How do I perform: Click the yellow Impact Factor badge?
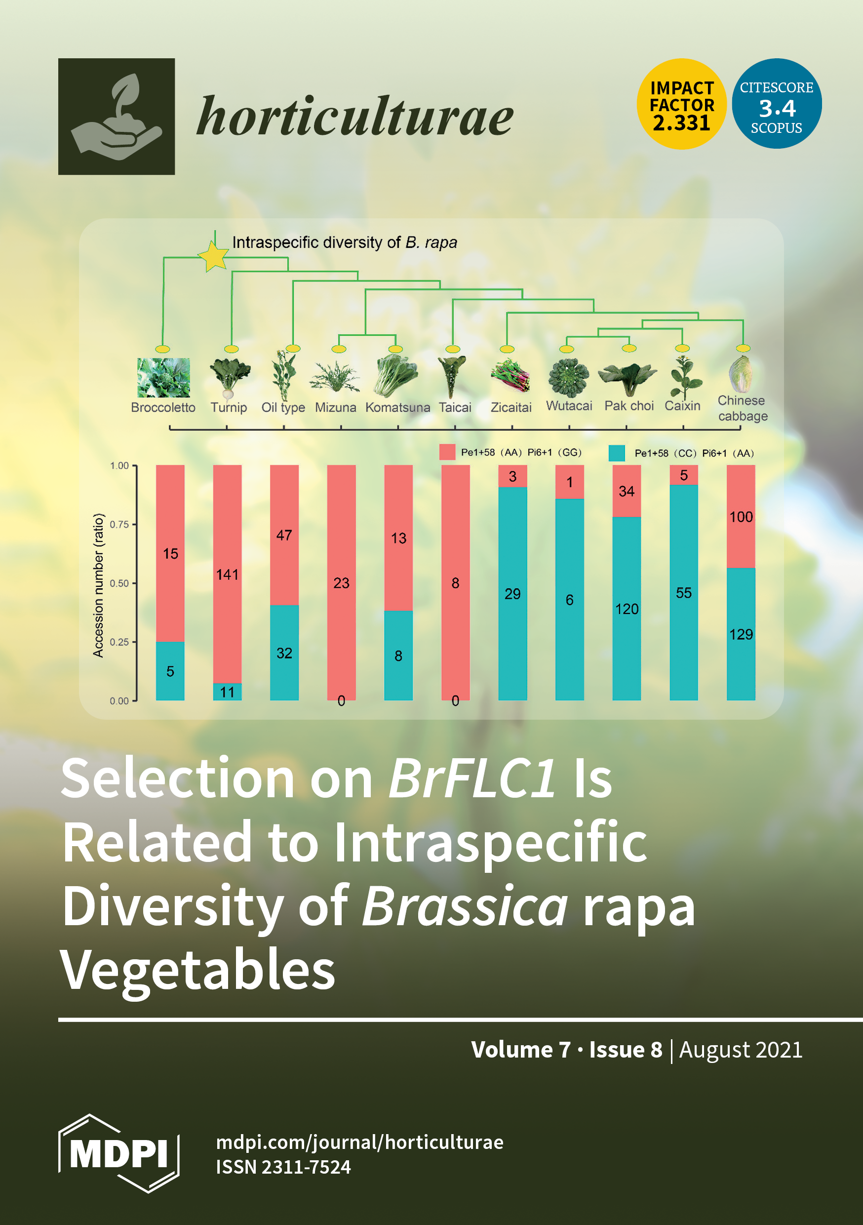coord(682,104)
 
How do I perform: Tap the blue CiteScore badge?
coord(777,104)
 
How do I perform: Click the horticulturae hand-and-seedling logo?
coord(117,116)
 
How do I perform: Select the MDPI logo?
coord(118,1153)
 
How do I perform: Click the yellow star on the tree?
coord(214,257)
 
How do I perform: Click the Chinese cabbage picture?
coord(742,375)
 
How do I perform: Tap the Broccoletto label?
coord(163,407)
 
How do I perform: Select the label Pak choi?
coord(629,406)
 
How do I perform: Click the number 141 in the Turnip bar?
coord(227,574)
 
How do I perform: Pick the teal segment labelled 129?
coord(741,634)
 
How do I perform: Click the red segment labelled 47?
coord(284,535)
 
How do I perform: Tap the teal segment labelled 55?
coord(684,592)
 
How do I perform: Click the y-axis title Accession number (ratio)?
coord(98,585)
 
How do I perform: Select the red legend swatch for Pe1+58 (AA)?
coord(447,452)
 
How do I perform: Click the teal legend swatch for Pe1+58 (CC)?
coord(617,453)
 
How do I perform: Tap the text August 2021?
coord(741,1050)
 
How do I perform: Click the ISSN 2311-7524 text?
coord(283,1167)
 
